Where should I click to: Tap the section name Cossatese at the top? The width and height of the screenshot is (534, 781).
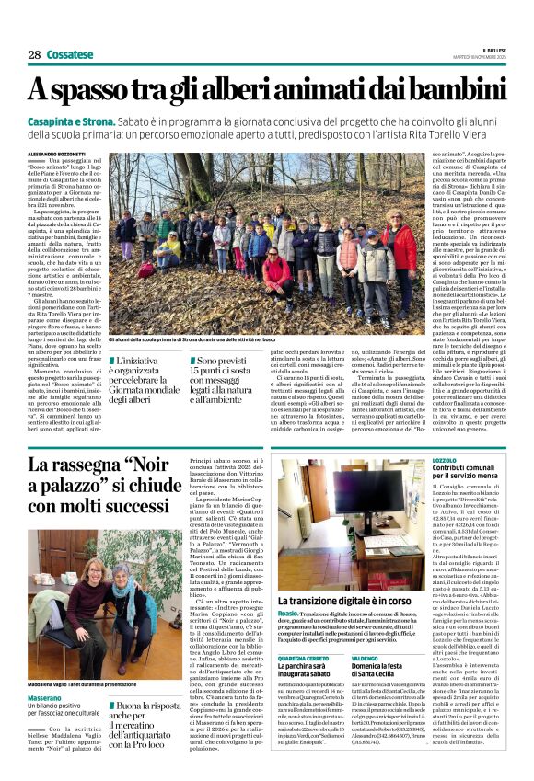click(71, 55)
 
